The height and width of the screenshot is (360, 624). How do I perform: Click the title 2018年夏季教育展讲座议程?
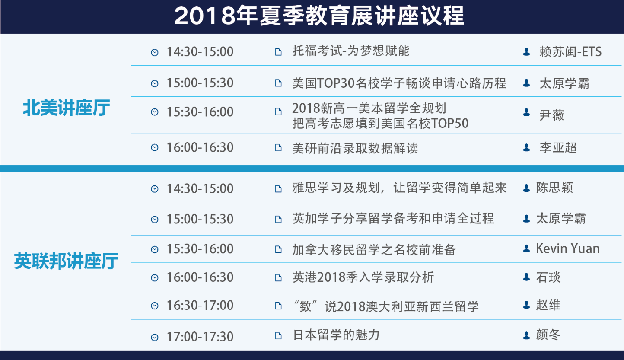click(x=319, y=16)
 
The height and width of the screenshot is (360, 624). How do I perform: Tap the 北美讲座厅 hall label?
click(x=66, y=108)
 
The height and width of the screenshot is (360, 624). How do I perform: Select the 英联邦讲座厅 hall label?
click(x=66, y=261)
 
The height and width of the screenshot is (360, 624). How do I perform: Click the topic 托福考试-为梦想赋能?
click(x=351, y=51)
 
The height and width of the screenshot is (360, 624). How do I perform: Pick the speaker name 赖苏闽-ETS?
click(x=570, y=52)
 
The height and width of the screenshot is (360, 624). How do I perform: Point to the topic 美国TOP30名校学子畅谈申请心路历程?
click(x=399, y=83)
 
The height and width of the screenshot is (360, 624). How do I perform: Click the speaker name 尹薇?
click(x=551, y=115)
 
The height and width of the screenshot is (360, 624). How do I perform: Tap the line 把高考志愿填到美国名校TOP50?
click(x=380, y=124)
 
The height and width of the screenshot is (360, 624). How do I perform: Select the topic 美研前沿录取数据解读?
click(x=355, y=148)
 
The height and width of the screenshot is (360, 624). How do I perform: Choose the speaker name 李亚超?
click(x=558, y=147)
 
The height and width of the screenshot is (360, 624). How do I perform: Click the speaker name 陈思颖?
click(x=554, y=188)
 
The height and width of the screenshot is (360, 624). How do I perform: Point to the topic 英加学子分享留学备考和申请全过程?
click(x=393, y=218)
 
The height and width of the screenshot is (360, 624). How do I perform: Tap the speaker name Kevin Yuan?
click(x=568, y=248)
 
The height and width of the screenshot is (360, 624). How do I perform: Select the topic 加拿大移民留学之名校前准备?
click(x=374, y=249)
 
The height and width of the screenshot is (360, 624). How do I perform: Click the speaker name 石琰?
click(x=548, y=277)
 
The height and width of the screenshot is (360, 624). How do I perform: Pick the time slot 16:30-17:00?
click(x=200, y=306)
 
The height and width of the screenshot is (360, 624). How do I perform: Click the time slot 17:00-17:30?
click(x=200, y=337)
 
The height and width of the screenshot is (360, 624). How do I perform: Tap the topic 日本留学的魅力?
click(x=336, y=335)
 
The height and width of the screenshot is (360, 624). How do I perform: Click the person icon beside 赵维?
click(x=526, y=305)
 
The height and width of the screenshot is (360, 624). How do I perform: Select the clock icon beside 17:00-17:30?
click(x=155, y=338)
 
